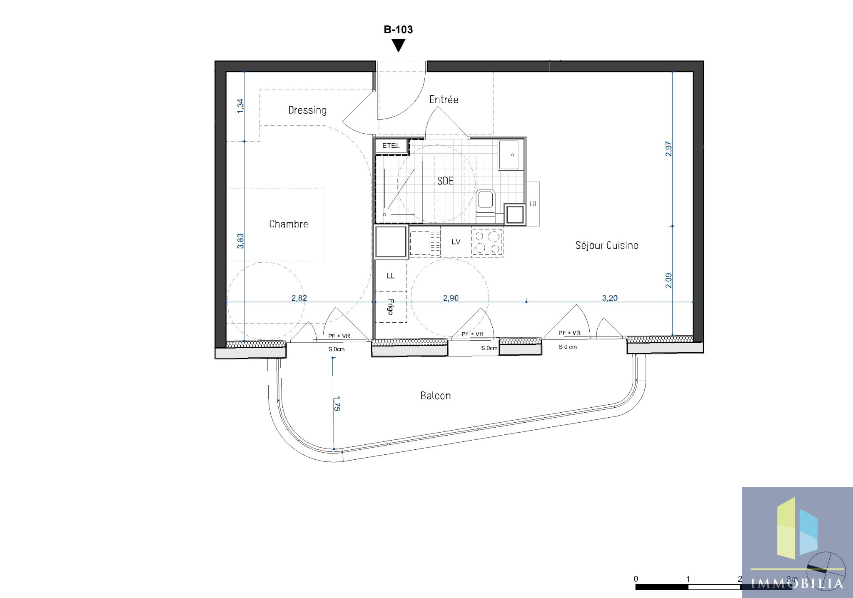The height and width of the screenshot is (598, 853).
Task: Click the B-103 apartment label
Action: coord(398,30)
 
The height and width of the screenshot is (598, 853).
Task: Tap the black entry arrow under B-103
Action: coord(399,45)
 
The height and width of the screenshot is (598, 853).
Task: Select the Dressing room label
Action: coord(307,110)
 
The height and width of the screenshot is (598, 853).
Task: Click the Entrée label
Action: coord(444,100)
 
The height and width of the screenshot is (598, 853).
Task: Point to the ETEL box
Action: coord(391,146)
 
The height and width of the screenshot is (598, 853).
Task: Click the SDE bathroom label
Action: coord(445,181)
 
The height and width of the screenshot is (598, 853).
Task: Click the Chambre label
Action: coord(289,224)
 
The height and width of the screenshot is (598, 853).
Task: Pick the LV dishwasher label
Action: coord(456,242)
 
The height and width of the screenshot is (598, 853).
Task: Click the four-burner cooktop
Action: coord(487,242)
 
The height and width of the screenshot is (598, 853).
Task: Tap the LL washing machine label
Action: coord(391,276)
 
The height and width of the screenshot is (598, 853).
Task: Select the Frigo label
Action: coord(391,307)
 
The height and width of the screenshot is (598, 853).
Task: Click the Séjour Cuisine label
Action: coord(607,245)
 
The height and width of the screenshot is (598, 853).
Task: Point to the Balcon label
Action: coord(436,396)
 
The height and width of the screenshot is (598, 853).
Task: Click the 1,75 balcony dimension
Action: coord(337,404)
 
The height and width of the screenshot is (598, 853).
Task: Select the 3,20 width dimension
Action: coord(610,298)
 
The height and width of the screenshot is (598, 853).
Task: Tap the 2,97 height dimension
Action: coord(668,149)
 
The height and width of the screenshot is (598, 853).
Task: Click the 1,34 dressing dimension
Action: coord(240,106)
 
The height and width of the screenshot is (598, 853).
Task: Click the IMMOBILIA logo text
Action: coord(797,583)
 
